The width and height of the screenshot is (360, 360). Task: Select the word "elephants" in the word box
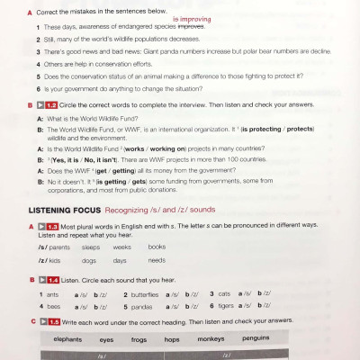click(x=68, y=339)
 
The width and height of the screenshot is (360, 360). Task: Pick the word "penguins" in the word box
click(x=256, y=339)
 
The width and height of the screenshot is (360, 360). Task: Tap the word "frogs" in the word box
click(x=139, y=339)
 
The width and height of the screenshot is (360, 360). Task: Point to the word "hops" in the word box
click(x=172, y=339)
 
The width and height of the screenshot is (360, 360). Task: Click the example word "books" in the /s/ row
click(x=157, y=247)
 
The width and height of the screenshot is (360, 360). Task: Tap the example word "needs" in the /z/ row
click(x=157, y=260)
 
